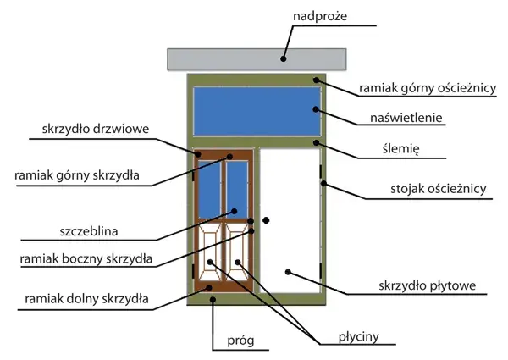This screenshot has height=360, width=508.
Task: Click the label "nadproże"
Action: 320,16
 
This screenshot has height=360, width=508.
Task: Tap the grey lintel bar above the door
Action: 257,59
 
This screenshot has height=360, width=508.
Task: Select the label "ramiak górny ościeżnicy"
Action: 428,88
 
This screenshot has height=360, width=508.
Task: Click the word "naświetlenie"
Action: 406,117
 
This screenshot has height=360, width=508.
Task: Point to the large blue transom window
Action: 257,111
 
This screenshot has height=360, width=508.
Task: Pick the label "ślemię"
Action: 400,149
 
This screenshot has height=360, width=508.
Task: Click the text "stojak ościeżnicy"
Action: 439,189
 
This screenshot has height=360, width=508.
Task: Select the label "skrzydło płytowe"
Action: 428,285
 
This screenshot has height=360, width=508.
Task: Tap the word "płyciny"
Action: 359,337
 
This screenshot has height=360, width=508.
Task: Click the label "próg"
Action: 240,341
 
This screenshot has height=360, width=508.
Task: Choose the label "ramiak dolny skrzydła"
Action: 86,299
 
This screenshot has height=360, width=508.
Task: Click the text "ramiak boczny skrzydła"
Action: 86,259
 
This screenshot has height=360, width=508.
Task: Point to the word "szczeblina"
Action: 89,231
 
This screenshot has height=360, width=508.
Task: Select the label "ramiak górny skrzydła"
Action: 77,175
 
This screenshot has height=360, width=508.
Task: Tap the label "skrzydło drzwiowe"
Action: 96,129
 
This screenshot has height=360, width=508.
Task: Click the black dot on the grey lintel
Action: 284,59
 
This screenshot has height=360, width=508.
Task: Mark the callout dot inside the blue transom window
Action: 316,109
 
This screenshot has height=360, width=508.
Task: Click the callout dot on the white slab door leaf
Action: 288,272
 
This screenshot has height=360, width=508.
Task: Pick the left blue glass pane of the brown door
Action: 209,190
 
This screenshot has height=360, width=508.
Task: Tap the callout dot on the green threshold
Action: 213,299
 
